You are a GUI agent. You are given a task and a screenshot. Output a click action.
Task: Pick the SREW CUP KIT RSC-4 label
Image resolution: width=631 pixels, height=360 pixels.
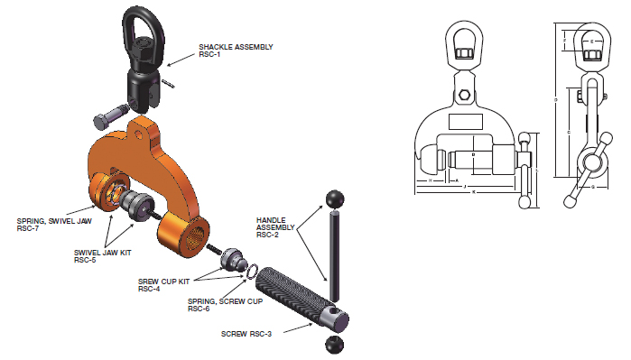tap(165, 285)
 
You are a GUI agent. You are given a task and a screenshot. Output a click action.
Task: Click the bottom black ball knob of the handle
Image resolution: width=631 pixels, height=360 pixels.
tap(333, 345)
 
